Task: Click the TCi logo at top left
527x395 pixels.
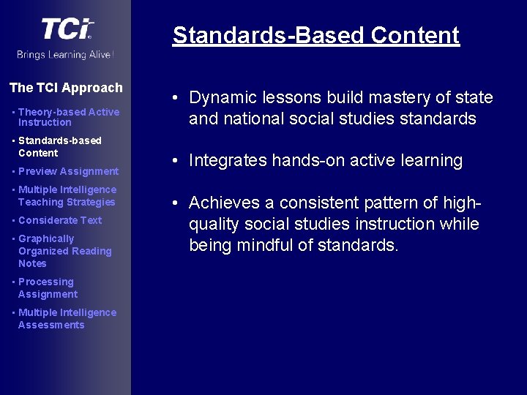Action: click(67, 29)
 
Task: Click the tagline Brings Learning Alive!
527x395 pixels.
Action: click(66, 55)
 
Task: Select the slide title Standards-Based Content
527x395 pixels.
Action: click(315, 35)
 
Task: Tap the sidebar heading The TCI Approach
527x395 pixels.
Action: click(66, 88)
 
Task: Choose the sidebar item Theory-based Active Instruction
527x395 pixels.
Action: click(68, 117)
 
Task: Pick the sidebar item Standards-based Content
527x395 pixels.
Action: click(59, 146)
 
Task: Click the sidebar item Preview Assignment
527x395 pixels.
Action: click(68, 171)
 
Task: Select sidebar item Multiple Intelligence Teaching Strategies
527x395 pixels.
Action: click(67, 196)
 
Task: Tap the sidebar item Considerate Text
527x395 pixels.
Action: click(60, 220)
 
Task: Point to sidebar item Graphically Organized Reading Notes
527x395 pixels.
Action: click(64, 251)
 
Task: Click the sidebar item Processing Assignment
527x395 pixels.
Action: click(48, 288)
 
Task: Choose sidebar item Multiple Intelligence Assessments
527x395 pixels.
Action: click(67, 319)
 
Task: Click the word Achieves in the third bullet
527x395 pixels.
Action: click(223, 203)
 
